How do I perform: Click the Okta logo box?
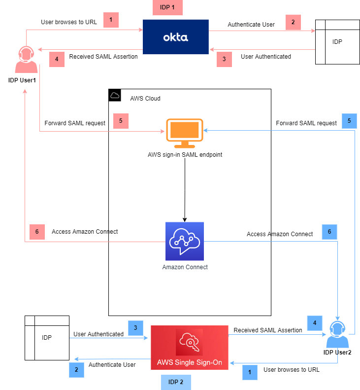pos(175,36)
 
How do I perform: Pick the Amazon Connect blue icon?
pos(184,241)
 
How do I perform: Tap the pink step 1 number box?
pos(111,20)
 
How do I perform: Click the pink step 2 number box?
pos(293,22)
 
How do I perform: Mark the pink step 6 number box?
pos(36,231)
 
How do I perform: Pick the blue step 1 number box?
pos(250,372)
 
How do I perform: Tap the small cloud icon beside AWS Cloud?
pos(115,96)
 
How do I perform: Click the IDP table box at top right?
pos(337,42)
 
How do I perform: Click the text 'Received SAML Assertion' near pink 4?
pos(103,57)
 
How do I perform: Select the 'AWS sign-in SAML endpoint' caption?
pos(184,154)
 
